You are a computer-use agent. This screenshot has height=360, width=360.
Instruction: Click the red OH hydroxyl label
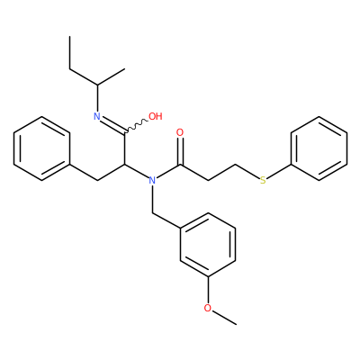point(156,116)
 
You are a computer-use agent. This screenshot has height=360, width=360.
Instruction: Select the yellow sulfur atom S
point(263,180)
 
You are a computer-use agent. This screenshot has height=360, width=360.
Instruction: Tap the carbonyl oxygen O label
point(180,132)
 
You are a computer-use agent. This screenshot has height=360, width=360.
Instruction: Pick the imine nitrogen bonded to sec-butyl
point(97,116)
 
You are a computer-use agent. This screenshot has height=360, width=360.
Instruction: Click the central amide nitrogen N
point(152,180)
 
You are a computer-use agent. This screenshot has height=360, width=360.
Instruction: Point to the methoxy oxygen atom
point(208,308)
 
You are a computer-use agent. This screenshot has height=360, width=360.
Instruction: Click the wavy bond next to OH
point(136,127)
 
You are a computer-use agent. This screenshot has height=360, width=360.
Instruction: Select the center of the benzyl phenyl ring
point(41,148)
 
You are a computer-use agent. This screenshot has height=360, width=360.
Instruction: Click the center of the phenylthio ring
point(319,148)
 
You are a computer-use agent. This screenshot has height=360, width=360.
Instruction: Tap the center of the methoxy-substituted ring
point(208,245)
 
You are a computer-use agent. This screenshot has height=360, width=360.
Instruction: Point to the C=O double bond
point(180,151)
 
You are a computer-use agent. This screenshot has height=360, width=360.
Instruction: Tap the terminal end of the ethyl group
point(70,37)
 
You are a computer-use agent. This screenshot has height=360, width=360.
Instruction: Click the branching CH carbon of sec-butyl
point(97,85)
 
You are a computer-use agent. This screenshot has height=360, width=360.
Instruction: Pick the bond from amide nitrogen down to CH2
point(152,199)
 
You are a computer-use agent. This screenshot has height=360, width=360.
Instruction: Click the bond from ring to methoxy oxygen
point(208,290)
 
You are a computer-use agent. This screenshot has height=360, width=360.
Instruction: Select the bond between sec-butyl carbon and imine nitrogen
point(97,98)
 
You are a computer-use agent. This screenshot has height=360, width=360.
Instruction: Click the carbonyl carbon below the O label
point(180,165)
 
